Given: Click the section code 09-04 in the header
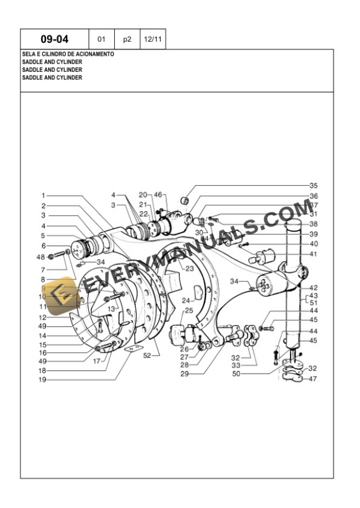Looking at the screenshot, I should click(54, 40).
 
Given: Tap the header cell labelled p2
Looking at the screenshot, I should click(126, 40).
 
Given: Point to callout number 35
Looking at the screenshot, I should click(314, 185).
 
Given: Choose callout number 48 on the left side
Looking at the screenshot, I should click(40, 257).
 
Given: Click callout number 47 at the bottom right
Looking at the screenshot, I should click(314, 379).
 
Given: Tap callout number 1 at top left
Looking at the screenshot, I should click(44, 195).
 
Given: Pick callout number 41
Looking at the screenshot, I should click(314, 254).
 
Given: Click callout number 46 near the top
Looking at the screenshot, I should click(158, 195).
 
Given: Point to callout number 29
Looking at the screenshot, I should click(184, 373).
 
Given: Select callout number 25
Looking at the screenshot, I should click(189, 310).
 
